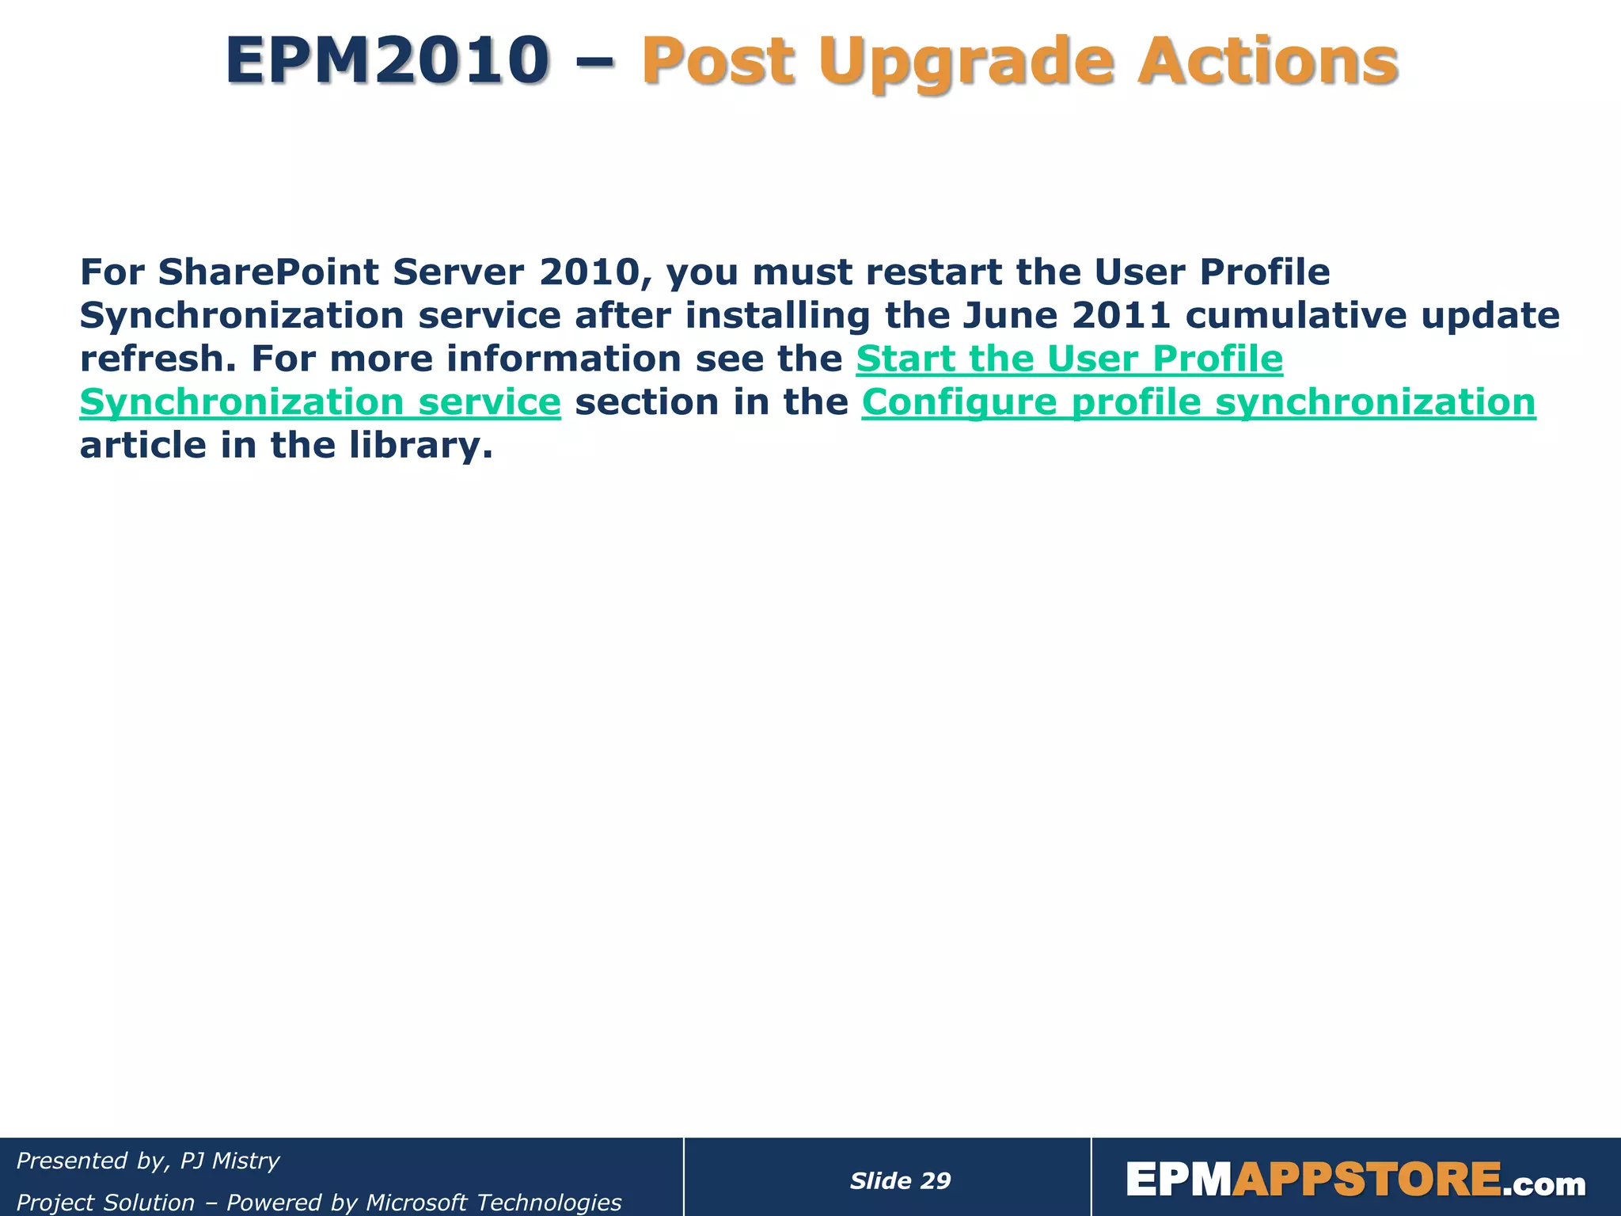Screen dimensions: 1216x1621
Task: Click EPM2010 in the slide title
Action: (x=387, y=62)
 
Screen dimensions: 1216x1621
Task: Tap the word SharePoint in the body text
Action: (x=268, y=272)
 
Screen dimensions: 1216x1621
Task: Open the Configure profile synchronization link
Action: (x=1198, y=402)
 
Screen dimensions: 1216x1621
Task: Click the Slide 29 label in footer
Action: (x=900, y=1181)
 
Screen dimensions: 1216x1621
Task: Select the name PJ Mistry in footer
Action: (x=230, y=1161)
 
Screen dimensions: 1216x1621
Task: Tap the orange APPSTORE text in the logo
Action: (x=1366, y=1180)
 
